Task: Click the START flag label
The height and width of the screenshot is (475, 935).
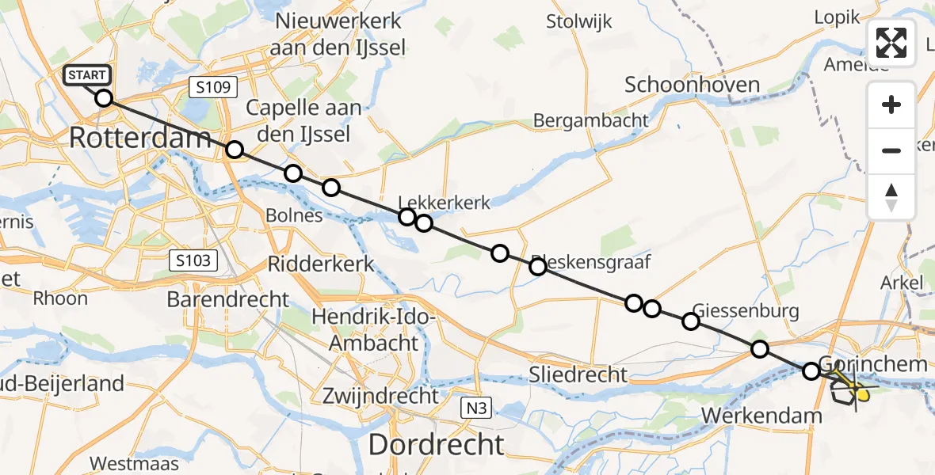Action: pyautogui.click(x=86, y=76)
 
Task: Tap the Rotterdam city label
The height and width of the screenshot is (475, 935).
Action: pyautogui.click(x=140, y=138)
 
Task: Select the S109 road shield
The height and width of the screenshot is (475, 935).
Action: pyautogui.click(x=214, y=87)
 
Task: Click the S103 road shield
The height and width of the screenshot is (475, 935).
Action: pyautogui.click(x=193, y=260)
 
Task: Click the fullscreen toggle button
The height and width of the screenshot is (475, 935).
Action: pyautogui.click(x=891, y=43)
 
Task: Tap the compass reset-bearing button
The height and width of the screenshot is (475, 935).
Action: pyautogui.click(x=891, y=197)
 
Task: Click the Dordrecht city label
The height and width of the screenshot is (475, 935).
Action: pyautogui.click(x=436, y=445)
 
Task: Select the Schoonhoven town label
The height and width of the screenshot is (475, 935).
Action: pyautogui.click(x=692, y=85)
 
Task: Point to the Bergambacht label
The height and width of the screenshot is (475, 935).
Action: pyautogui.click(x=590, y=120)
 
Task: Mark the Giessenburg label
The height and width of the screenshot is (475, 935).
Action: pyautogui.click(x=745, y=310)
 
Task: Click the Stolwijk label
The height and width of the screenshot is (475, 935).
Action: pyautogui.click(x=578, y=21)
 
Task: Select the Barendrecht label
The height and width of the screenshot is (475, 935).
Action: pyautogui.click(x=228, y=299)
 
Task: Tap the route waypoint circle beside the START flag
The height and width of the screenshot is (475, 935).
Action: pyautogui.click(x=104, y=98)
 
